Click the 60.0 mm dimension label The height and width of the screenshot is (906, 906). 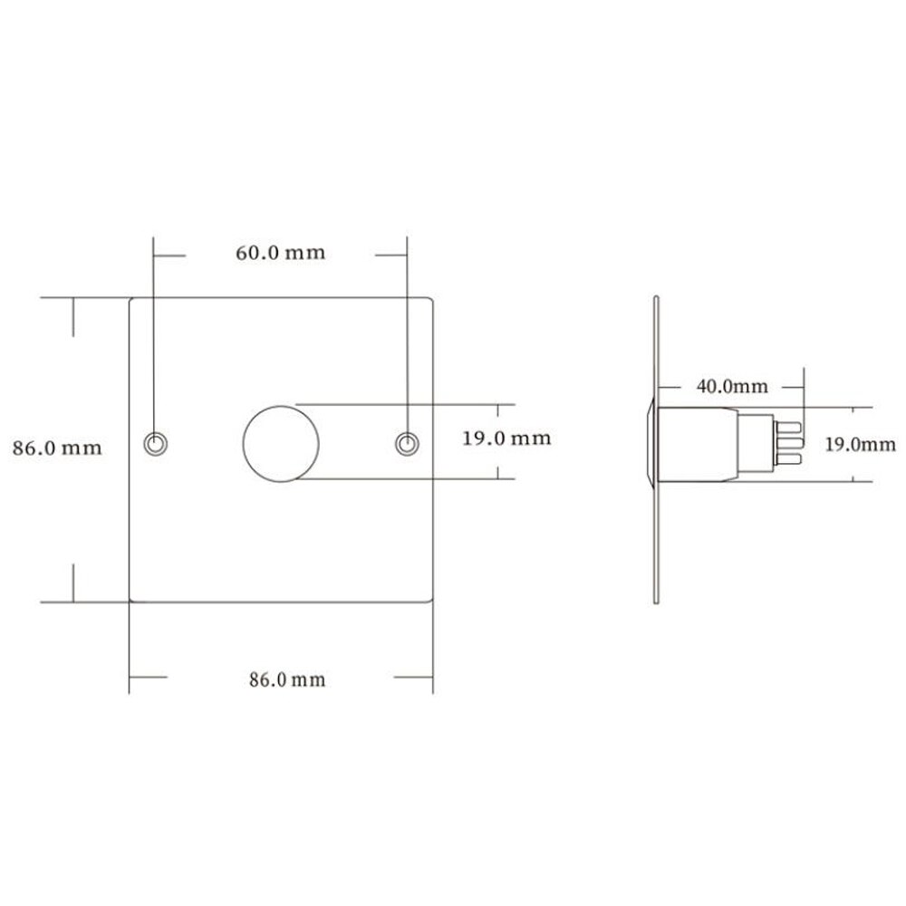click(x=280, y=253)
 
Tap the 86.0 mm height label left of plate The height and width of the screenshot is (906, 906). click(x=56, y=447)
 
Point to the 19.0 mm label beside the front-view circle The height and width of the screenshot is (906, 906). click(x=506, y=439)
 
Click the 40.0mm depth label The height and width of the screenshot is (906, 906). click(x=731, y=387)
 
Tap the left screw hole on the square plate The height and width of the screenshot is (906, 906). click(x=155, y=442)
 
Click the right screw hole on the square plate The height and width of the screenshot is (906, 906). click(x=407, y=442)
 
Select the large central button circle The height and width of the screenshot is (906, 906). click(x=281, y=444)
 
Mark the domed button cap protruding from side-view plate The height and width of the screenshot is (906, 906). click(x=651, y=444)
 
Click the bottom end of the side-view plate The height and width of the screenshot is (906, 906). click(x=657, y=593)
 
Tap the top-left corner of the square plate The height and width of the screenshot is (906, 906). click(x=131, y=299)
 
